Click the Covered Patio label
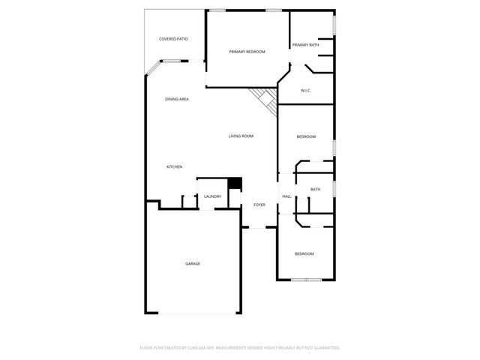[173, 38]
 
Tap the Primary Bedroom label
[247, 51]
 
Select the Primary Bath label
[306, 45]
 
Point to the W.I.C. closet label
[306, 91]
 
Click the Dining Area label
[177, 99]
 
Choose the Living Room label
[241, 136]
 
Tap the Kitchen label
[175, 166]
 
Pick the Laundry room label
[212, 196]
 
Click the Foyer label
[259, 205]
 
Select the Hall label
[286, 196]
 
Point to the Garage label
[193, 263]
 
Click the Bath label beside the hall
[316, 189]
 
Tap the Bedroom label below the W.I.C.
[306, 136]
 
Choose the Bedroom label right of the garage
[304, 253]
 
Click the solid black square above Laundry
[235, 182]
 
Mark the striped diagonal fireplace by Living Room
[264, 98]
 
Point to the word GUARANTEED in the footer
[325, 347]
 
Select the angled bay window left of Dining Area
[152, 68]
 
